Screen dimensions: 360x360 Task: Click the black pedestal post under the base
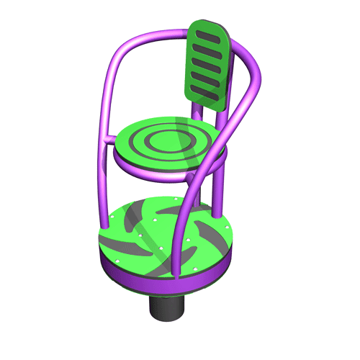coord(168,307)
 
